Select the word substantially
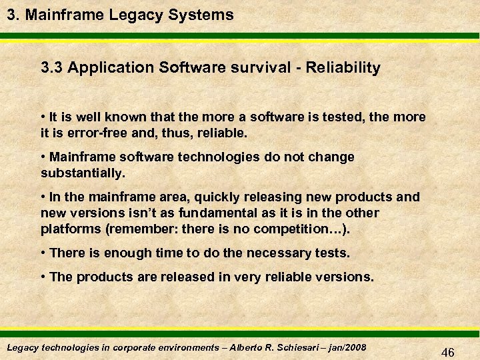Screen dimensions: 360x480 pos(81,173)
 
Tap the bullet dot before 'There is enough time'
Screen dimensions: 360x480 pos(43,253)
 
